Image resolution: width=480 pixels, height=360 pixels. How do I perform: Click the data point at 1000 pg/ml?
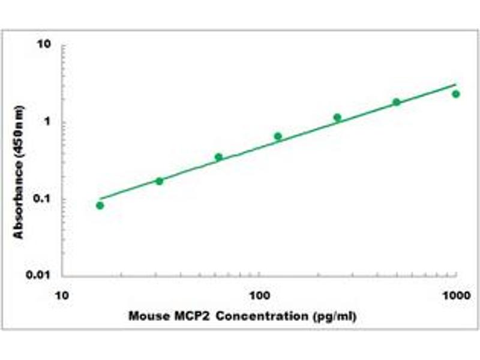456,94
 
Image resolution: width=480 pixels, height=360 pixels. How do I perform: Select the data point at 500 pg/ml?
397,102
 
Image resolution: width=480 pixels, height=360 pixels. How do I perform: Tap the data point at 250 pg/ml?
337,118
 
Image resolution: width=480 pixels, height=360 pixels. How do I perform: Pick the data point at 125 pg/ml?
278,136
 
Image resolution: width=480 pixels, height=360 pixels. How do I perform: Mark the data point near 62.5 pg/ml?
218,157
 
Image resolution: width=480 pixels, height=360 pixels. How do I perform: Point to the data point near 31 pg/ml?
159,181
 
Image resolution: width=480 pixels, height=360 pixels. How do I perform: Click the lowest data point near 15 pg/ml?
100,206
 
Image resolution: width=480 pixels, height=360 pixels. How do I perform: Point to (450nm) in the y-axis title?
19,131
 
